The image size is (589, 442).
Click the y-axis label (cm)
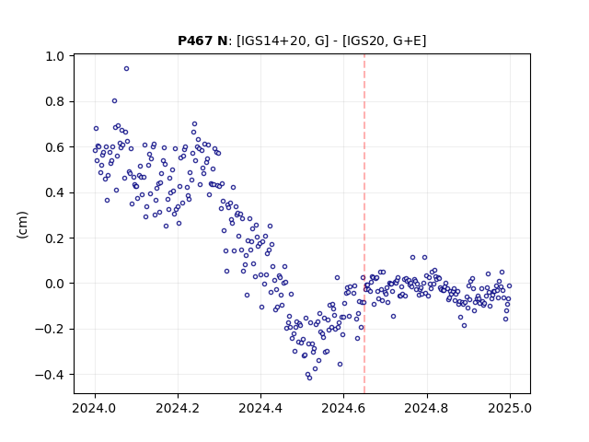[x=22, y=225]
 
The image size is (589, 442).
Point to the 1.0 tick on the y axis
[x=55, y=56]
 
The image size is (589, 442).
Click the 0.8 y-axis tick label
[x=55, y=102]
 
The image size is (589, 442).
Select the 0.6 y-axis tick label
[x=55, y=147]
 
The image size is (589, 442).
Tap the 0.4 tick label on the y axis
[x=55, y=192]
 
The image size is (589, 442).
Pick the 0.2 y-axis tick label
[x=55, y=238]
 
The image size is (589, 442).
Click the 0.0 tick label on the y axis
[x=55, y=284]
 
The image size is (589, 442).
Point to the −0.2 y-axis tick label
[x=50, y=330]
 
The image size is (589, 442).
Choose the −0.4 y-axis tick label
[x=50, y=375]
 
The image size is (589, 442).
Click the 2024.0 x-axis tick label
[x=95, y=408]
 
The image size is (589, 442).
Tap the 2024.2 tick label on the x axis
[x=178, y=408]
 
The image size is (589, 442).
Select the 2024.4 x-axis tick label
[x=260, y=408]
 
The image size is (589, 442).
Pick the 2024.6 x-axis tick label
[x=343, y=408]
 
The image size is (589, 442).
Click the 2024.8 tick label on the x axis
[x=426, y=408]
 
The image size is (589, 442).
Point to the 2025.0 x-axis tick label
[x=509, y=408]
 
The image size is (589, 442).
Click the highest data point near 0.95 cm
[x=127, y=69]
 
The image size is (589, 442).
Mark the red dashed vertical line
[x=364, y=224]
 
